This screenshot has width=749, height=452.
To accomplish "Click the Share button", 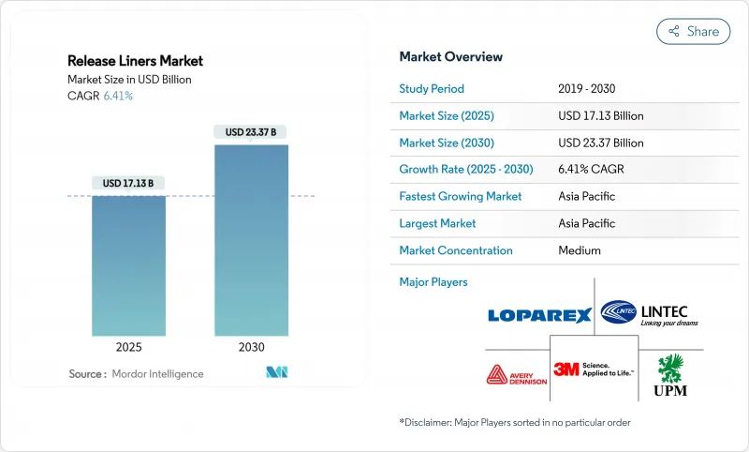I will [693, 31].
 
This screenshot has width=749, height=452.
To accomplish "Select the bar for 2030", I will [251, 240].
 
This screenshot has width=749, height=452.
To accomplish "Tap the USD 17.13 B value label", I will [128, 183].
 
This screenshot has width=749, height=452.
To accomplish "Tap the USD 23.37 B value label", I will [251, 132].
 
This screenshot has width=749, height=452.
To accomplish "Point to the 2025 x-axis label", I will [128, 347].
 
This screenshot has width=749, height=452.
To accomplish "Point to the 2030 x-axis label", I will [251, 347].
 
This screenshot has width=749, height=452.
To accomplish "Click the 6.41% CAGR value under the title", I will [117, 96].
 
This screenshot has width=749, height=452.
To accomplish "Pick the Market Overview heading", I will [450, 56].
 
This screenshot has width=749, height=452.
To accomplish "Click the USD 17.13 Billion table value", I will [600, 116].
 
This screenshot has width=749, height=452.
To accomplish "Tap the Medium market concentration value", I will [580, 250].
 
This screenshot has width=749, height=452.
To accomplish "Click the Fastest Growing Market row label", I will [461, 197].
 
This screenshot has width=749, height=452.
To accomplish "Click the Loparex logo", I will [539, 315].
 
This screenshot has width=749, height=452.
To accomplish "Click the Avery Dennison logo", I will [515, 374].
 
